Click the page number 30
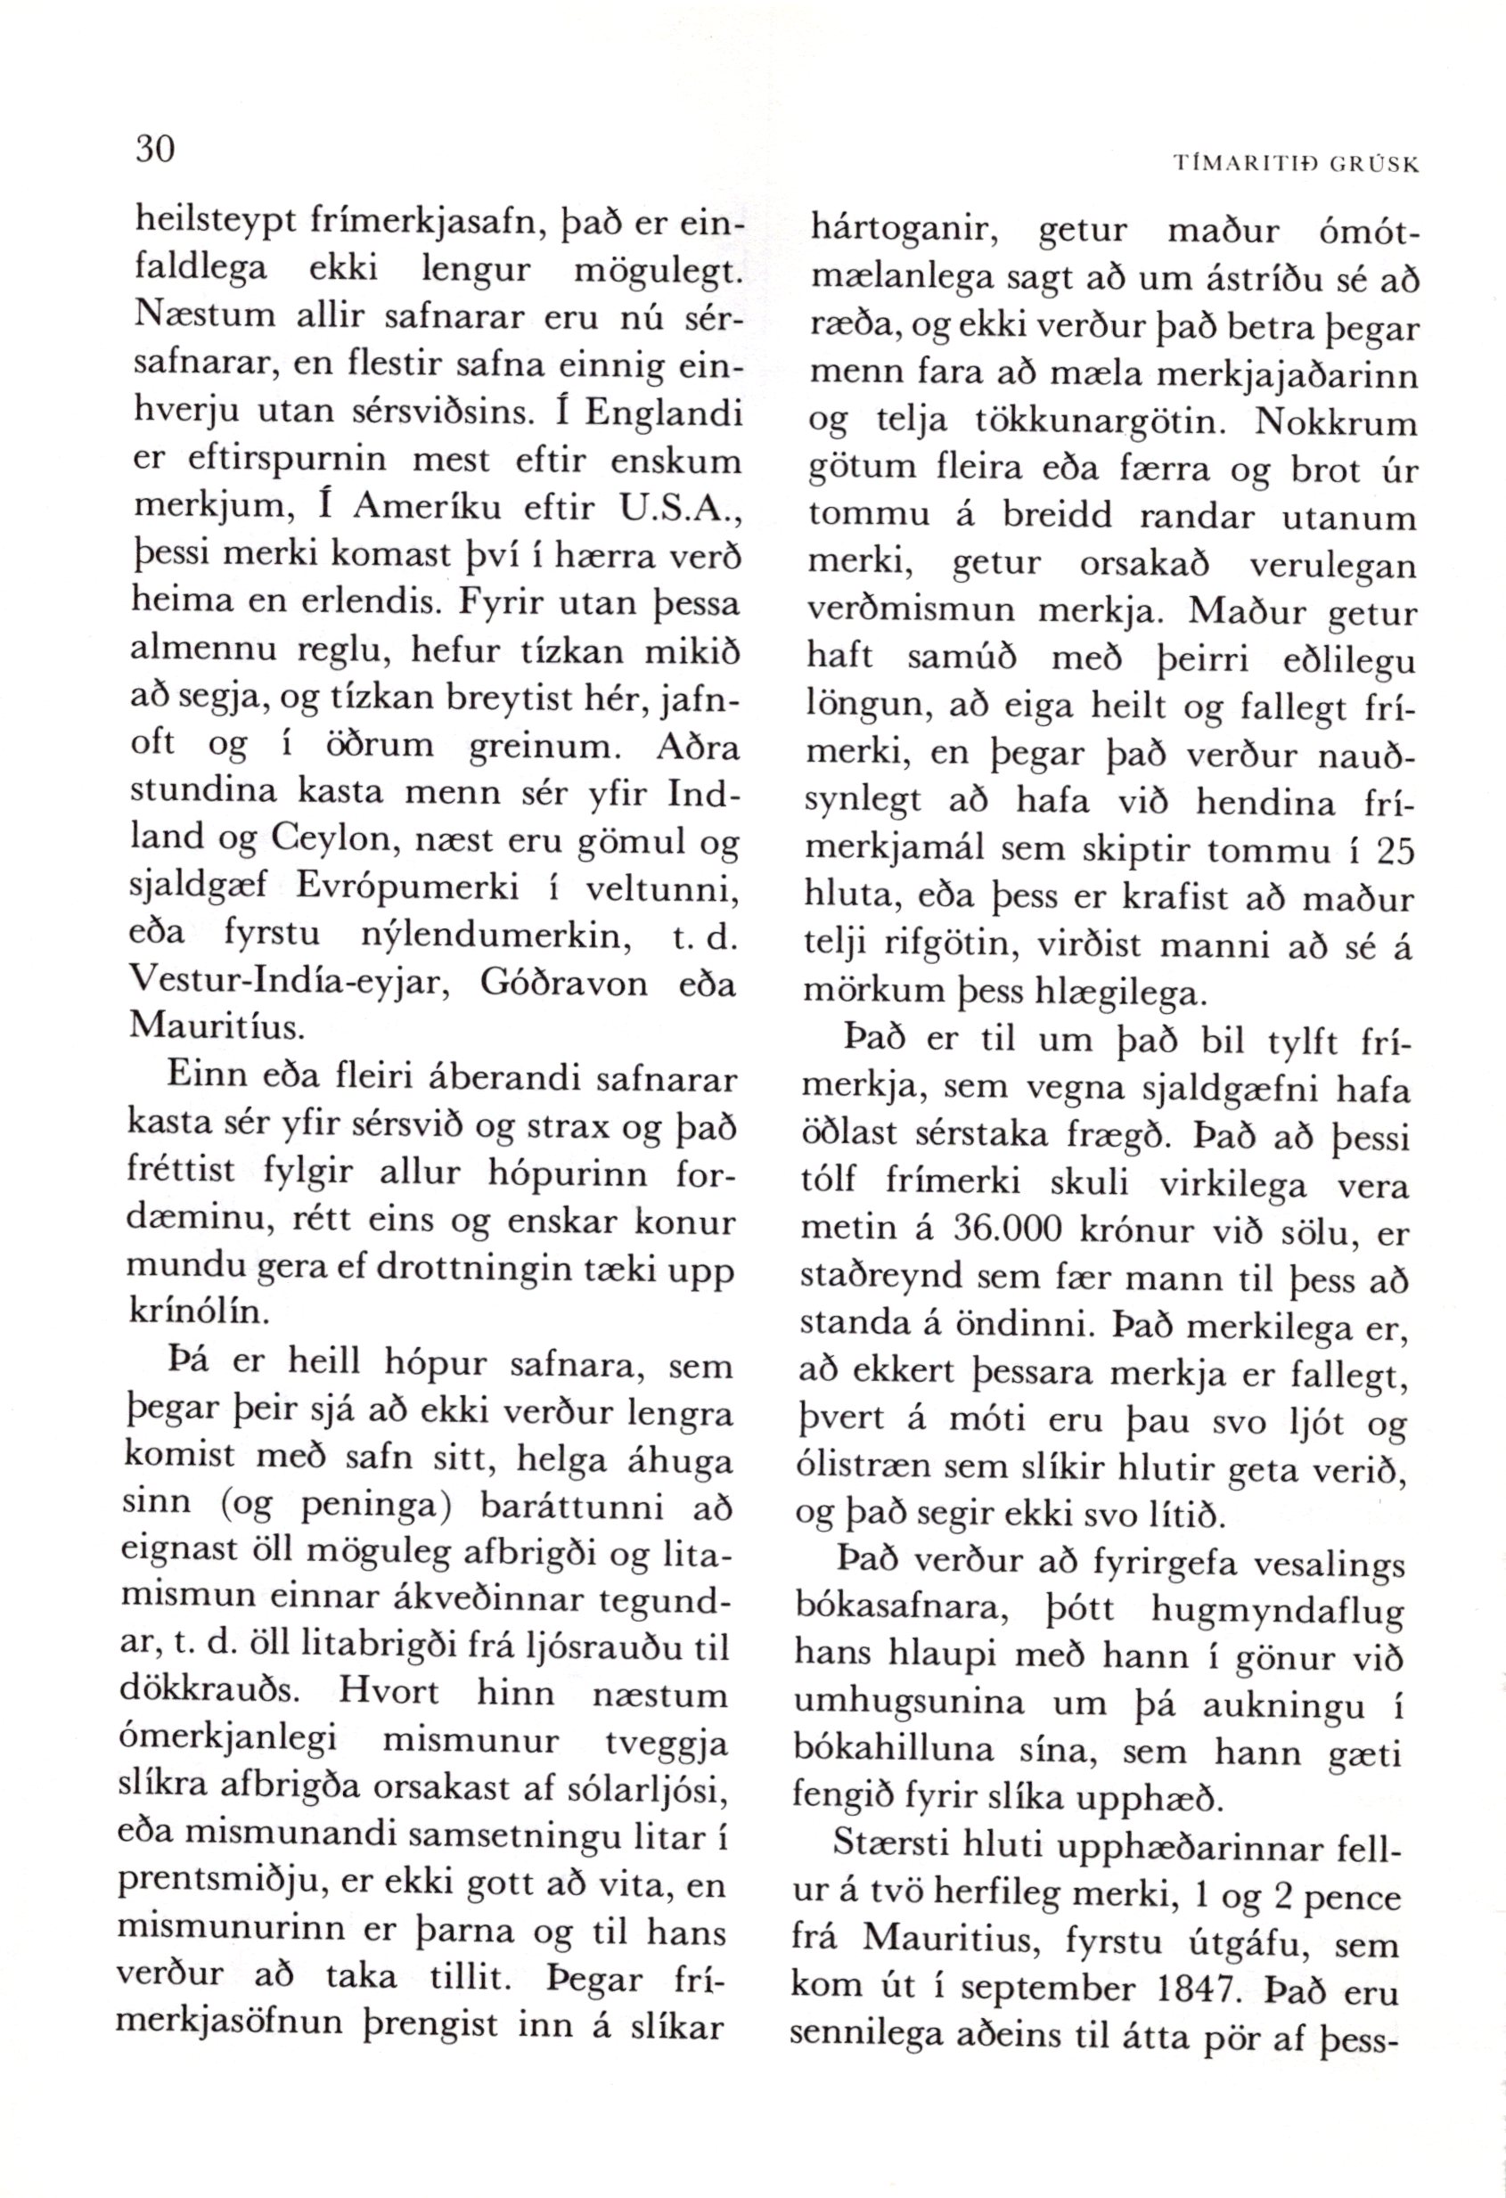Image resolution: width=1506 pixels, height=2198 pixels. pyautogui.click(x=155, y=150)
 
